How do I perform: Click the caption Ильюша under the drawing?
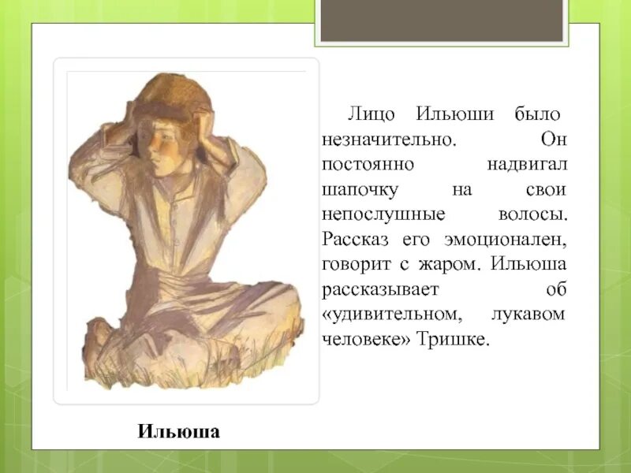click(178, 431)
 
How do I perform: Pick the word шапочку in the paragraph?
click(360, 191)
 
